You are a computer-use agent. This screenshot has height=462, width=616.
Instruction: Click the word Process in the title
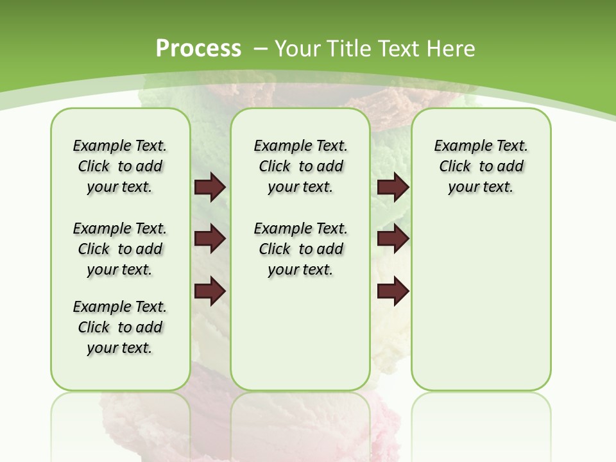click(198, 48)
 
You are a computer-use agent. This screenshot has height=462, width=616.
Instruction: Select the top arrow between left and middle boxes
click(210, 187)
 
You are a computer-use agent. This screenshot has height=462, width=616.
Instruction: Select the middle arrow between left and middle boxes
click(210, 239)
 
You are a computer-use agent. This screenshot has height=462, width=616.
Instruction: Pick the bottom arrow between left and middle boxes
click(210, 291)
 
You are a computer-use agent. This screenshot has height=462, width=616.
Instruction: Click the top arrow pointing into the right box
click(393, 187)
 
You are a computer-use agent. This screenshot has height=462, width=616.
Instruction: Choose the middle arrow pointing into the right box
click(393, 239)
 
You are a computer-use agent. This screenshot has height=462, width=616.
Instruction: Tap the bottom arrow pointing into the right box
click(393, 291)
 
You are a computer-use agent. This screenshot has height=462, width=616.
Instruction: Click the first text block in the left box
click(120, 166)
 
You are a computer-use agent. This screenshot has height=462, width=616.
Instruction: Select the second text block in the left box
click(120, 249)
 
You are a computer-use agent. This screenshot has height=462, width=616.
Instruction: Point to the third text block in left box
click(120, 327)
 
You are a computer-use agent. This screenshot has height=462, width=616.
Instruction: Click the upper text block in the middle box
click(300, 166)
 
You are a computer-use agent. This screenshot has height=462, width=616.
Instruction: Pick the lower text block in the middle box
click(300, 249)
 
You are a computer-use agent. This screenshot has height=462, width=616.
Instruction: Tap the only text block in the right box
click(481, 166)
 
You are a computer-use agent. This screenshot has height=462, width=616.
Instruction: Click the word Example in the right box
click(458, 146)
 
